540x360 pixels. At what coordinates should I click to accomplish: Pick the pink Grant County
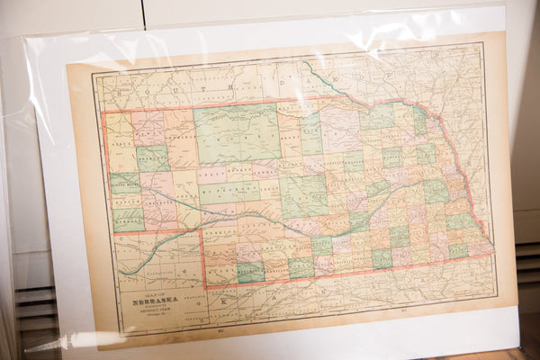[212, 174]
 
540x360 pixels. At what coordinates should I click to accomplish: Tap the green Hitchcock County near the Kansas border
[251, 271]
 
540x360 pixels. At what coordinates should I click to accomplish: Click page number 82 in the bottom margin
[220, 332]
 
